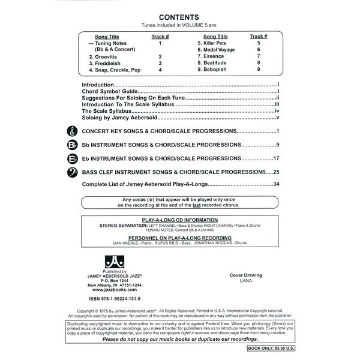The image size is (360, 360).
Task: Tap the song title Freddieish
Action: tap(108, 62)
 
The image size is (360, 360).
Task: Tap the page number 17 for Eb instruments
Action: tap(277, 158)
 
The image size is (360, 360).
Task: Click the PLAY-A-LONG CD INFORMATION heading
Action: tap(179, 220)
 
